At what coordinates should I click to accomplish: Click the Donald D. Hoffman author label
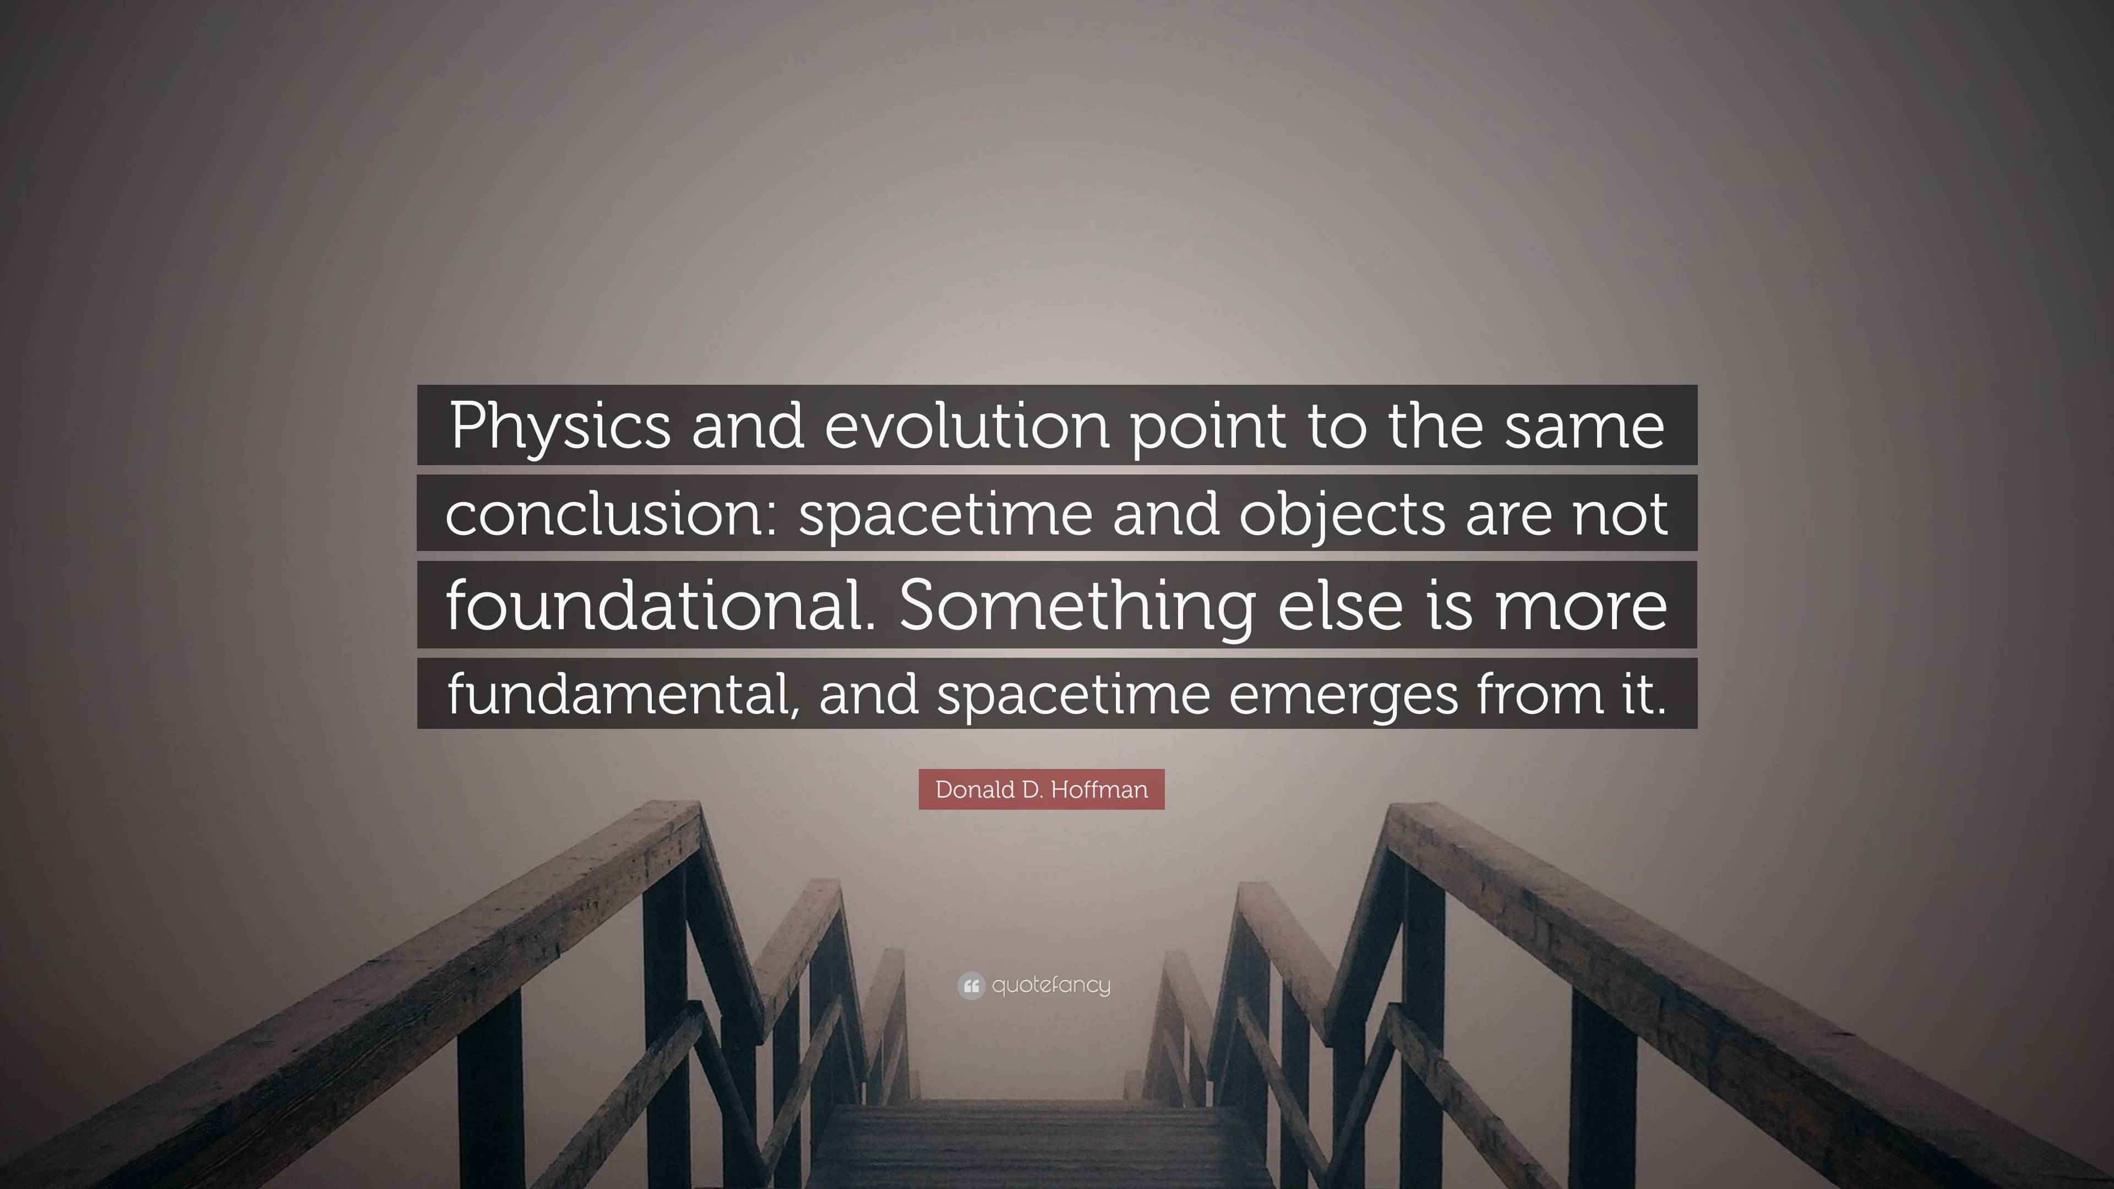tap(1040, 789)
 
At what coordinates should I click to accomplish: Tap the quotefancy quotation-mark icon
tap(970, 985)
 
